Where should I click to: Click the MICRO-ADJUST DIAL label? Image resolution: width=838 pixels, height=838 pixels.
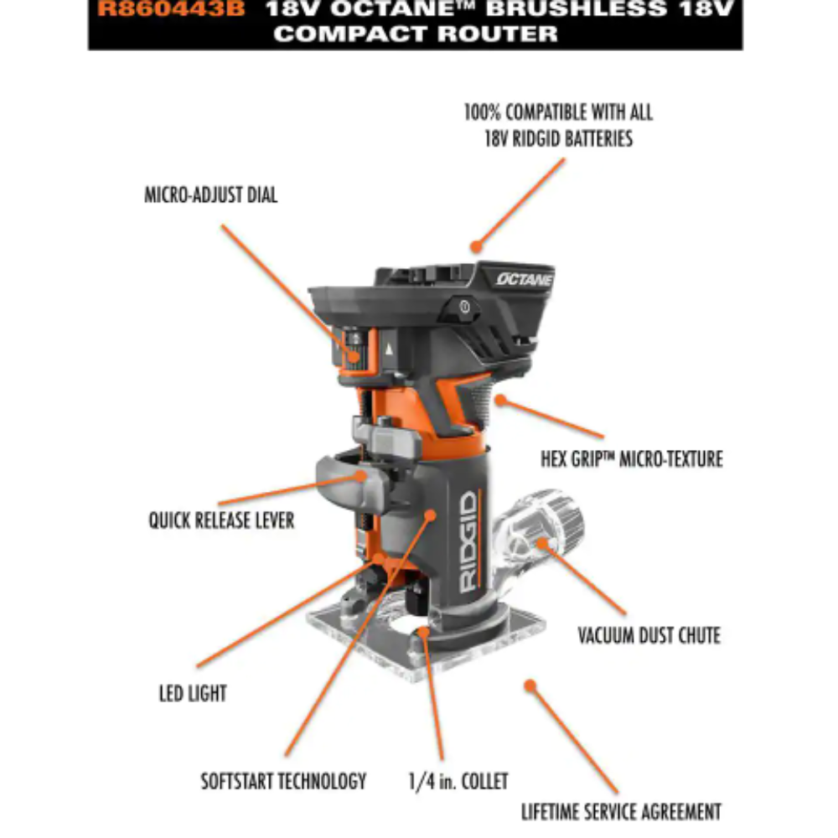(x=210, y=195)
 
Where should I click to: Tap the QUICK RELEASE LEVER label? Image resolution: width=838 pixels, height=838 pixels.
(x=221, y=520)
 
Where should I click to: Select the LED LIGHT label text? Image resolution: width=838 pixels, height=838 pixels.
(x=193, y=693)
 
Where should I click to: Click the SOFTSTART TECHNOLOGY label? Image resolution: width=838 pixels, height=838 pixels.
(x=283, y=781)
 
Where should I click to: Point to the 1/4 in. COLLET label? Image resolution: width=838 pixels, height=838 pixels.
(x=458, y=782)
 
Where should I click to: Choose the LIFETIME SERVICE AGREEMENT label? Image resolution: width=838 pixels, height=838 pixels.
(x=621, y=812)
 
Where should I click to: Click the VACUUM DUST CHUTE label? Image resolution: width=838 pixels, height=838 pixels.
(x=649, y=635)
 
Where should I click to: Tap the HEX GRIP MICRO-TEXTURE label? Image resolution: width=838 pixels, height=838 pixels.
(x=631, y=458)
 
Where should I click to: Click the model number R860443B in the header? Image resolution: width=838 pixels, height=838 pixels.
(x=171, y=10)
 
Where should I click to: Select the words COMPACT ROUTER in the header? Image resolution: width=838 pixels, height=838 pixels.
(x=415, y=34)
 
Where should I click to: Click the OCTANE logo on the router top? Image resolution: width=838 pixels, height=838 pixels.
(x=524, y=279)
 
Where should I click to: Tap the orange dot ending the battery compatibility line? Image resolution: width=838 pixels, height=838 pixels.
(x=476, y=246)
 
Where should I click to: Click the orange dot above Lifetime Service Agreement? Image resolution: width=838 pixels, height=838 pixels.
(x=530, y=685)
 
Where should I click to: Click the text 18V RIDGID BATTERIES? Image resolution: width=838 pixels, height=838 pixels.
(x=558, y=139)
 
